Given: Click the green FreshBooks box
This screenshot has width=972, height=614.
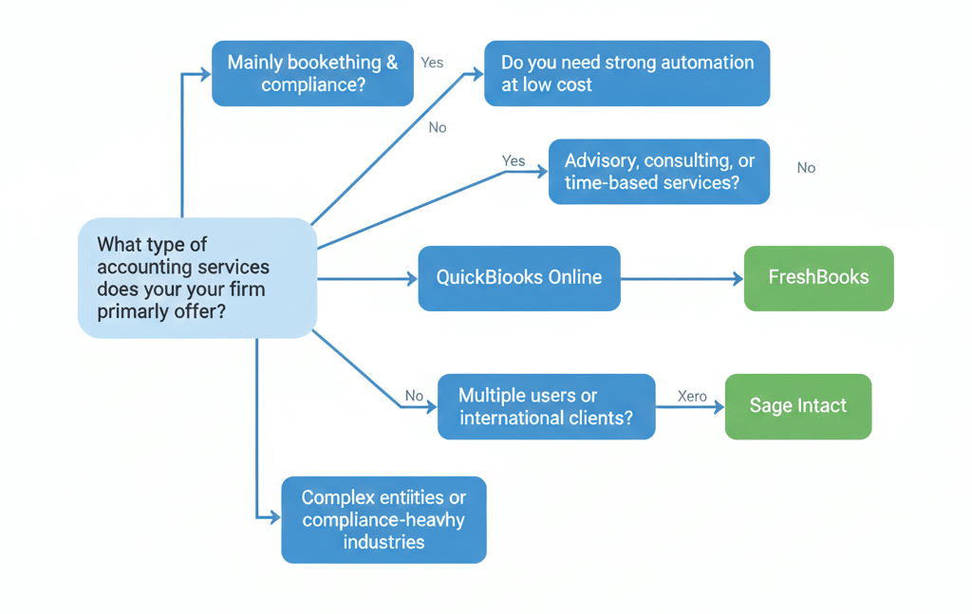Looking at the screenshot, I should point(818,278).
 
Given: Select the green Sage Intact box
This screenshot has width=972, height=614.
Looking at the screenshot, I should point(797,406).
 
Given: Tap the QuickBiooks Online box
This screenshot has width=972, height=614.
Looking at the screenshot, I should point(518,278).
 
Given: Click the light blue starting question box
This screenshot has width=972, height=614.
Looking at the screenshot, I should point(196,278).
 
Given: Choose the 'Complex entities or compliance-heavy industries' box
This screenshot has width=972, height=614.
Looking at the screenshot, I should point(383,520).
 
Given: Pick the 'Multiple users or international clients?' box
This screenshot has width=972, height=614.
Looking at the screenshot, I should point(546,406).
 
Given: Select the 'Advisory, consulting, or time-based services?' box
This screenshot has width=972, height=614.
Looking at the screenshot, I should point(659,172).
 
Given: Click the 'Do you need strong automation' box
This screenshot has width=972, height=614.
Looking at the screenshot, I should point(626,73).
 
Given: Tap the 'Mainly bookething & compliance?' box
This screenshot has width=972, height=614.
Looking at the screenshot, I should point(312,73).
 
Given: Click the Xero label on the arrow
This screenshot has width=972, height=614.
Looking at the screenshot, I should point(692,396).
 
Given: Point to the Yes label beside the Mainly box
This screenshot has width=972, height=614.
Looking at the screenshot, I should point(432,63).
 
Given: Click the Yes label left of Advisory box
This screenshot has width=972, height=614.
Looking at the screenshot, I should point(514,160).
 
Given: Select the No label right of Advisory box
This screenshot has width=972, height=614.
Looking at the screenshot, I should point(806,168).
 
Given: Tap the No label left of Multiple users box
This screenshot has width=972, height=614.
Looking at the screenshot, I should point(414,396).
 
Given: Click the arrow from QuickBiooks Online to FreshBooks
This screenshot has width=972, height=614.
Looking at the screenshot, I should point(681,278).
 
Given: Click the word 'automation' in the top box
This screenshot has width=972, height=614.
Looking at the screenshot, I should point(700,63).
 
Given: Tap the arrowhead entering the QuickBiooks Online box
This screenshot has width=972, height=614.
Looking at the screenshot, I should point(412,278).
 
